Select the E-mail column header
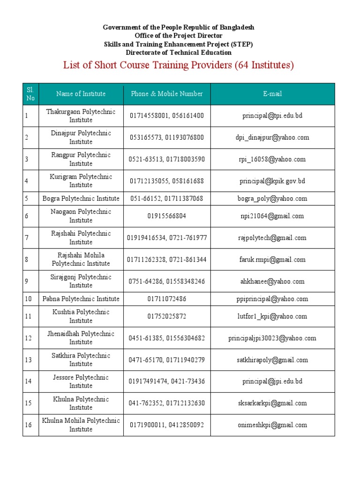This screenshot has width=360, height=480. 272,94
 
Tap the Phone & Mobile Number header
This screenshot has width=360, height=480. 167,94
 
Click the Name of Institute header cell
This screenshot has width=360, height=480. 81,94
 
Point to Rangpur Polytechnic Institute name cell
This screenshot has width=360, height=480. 81,159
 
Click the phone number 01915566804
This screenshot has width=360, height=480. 167,216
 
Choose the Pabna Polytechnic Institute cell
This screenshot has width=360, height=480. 81,299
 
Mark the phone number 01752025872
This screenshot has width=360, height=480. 167,316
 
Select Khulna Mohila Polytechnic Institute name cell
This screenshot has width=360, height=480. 81,425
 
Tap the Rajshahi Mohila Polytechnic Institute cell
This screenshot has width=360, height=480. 81,260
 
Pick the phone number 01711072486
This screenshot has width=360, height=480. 167,299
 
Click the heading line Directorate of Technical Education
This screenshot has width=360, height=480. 179,52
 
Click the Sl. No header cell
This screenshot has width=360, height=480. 30,94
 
